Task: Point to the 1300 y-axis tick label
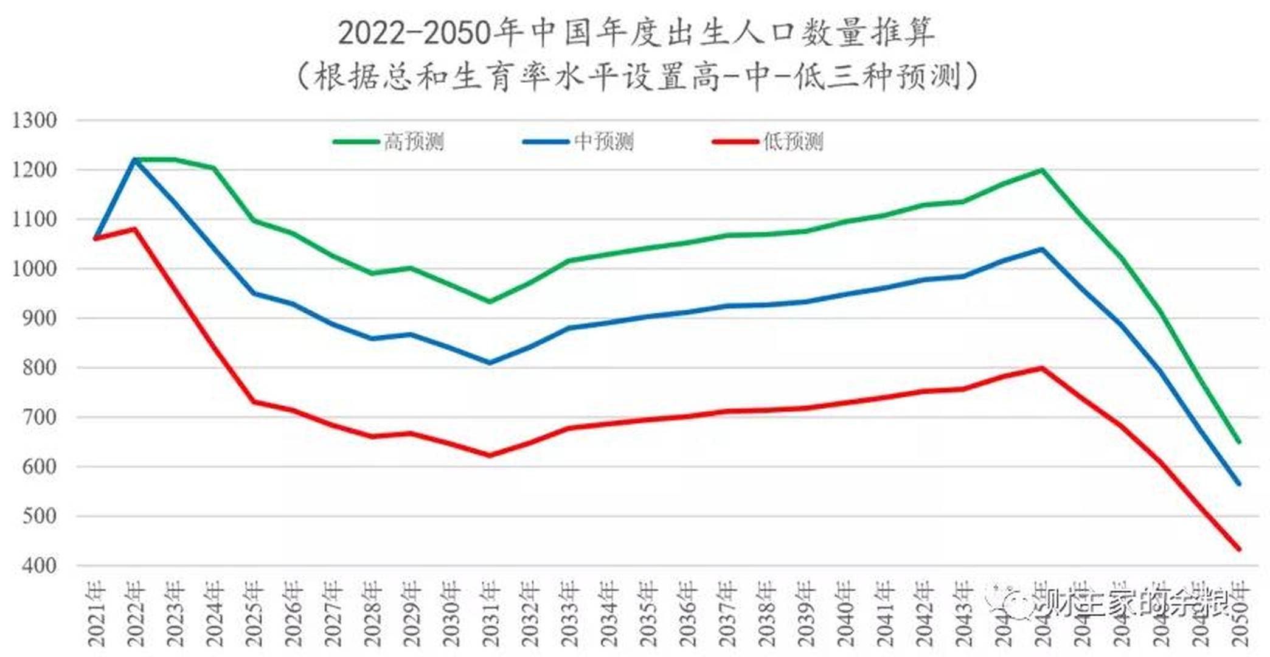pyautogui.click(x=35, y=120)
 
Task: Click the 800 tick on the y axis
pyautogui.click(x=40, y=367)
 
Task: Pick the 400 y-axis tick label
pyautogui.click(x=40, y=565)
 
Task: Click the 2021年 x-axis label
pyautogui.click(x=96, y=614)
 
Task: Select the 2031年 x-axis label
pyautogui.click(x=490, y=614)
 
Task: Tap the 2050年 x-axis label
pyautogui.click(x=1240, y=614)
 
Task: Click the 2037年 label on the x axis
pyautogui.click(x=727, y=614)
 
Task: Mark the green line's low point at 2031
pyautogui.click(x=490, y=302)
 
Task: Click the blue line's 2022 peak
pyautogui.click(x=134, y=159)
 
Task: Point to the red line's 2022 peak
pyautogui.click(x=134, y=229)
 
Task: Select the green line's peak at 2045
pyautogui.click(x=1042, y=170)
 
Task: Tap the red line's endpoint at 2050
pyautogui.click(x=1239, y=549)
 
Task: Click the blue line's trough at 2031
pyautogui.click(x=490, y=363)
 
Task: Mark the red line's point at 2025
pyautogui.click(x=254, y=401)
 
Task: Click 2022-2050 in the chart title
pyautogui.click(x=414, y=33)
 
